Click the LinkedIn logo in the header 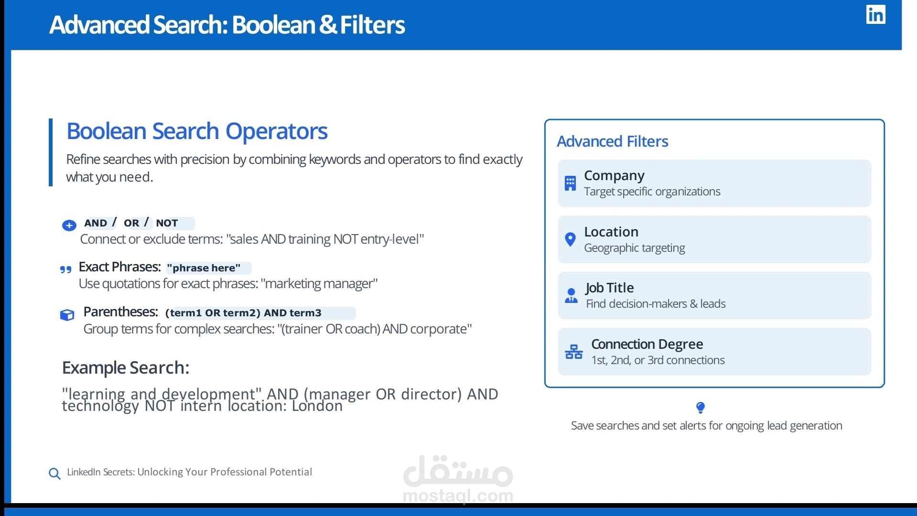click(875, 14)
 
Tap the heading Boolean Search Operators click(197, 131)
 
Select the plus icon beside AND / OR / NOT click(69, 226)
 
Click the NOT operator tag click(167, 223)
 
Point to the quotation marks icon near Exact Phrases click(66, 270)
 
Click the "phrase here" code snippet click(204, 268)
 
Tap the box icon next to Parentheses click(67, 315)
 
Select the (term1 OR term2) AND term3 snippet click(243, 313)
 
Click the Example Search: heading click(126, 367)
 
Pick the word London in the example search click(317, 406)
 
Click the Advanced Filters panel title click(612, 141)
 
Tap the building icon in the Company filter click(570, 183)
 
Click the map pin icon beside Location click(570, 239)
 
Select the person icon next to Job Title click(571, 296)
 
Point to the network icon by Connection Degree click(573, 352)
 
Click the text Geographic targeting click(634, 248)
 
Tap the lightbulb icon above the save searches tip click(701, 408)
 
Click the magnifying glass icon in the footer click(54, 473)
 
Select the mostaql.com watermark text click(458, 496)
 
